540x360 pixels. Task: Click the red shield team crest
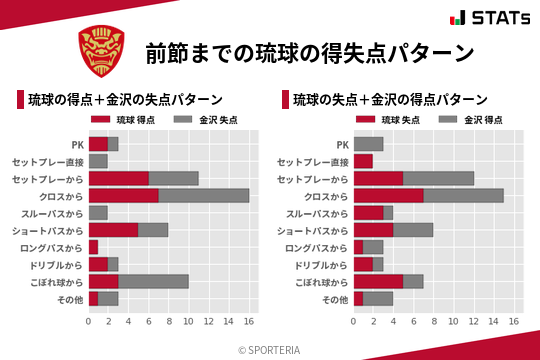click(101, 49)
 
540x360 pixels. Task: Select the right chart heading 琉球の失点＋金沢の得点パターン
click(390, 100)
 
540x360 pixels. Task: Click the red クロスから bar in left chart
click(123, 195)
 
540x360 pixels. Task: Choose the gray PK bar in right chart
click(368, 144)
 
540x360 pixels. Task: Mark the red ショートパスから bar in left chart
click(113, 230)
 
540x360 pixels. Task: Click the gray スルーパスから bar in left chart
click(98, 213)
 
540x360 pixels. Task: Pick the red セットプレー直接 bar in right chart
click(363, 161)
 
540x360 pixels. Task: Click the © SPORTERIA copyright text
click(270, 349)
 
